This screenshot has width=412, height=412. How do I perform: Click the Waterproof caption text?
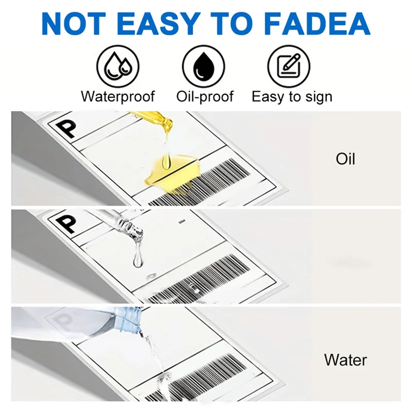click(118, 96)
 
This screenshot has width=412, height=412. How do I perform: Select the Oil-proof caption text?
click(204, 96)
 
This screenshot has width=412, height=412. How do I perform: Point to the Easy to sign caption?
click(291, 96)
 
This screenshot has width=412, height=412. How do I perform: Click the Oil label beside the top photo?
click(346, 159)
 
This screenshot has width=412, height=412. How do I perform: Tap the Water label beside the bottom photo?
click(346, 359)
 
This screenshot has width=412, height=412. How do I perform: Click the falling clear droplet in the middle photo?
click(138, 260)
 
